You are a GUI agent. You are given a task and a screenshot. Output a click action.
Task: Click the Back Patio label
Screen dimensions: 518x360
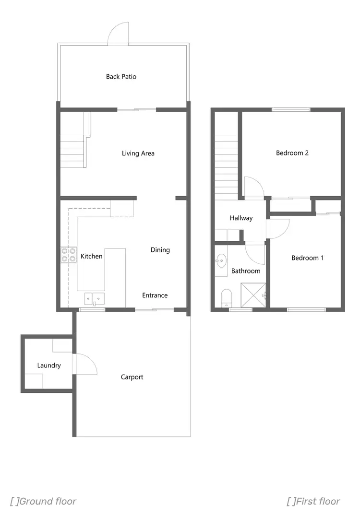121,76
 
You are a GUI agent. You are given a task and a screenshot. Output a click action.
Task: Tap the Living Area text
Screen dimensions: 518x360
138,153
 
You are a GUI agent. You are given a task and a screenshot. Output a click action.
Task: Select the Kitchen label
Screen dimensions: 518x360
91,256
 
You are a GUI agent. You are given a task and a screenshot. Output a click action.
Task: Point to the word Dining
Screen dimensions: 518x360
160,250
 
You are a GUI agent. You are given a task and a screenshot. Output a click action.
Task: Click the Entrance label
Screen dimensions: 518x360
155,295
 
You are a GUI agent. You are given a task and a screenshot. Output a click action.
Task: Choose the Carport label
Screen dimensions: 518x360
132,377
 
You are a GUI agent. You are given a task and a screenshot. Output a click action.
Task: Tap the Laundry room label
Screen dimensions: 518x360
49,365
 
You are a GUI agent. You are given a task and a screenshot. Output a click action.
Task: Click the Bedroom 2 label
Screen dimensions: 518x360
292,153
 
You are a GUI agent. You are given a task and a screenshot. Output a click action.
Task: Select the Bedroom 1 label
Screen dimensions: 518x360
308,258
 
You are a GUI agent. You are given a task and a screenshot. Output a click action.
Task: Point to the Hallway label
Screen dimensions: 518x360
241,218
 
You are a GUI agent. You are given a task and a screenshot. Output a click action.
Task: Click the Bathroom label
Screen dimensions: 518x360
246,271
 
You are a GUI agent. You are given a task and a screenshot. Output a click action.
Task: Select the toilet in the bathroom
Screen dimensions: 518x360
226,297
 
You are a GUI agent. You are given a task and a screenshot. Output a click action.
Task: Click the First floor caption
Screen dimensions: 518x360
313,501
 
